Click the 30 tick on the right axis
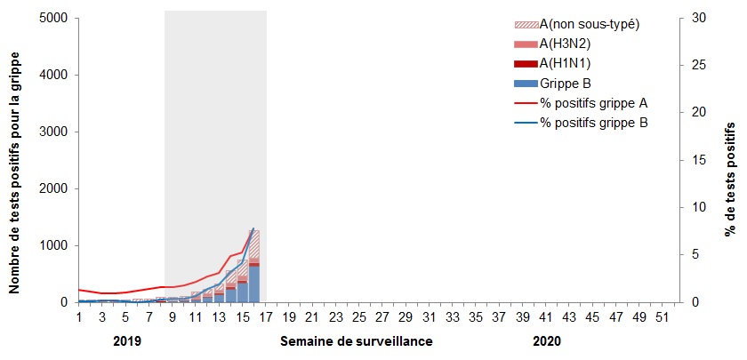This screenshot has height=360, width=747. pos(696,19)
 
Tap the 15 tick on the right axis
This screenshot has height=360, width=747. pos(696,160)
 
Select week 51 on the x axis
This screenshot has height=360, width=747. pos(660,317)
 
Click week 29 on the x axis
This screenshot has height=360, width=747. pos(405,317)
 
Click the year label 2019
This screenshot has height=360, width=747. pos(129,341)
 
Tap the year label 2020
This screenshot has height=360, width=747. pos(547,341)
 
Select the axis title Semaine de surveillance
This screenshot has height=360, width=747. pos(357,341)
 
